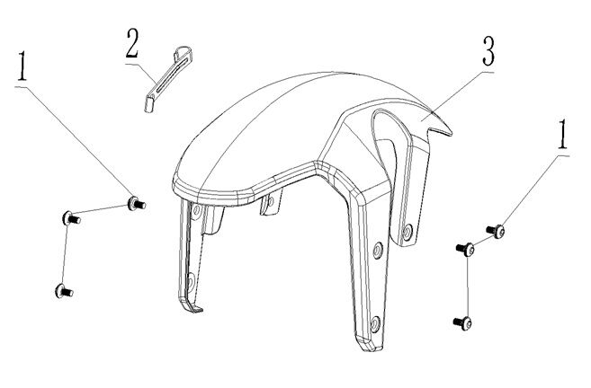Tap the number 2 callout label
coord(133,43)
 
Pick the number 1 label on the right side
coord(563,137)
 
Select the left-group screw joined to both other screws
coord(67,216)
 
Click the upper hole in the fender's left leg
coord(193,213)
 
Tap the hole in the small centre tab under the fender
coord(267,211)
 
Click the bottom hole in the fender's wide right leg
coord(375,322)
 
